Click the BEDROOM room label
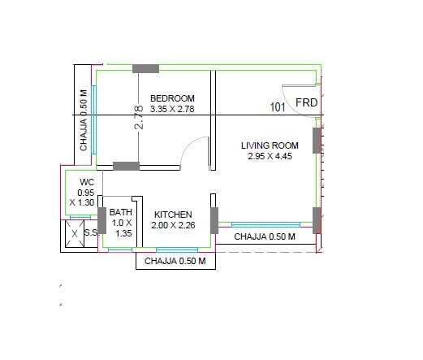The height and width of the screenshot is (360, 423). click(x=172, y=98)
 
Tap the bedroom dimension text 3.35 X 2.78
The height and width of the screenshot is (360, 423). click(x=172, y=109)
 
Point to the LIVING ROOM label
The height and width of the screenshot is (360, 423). click(x=270, y=145)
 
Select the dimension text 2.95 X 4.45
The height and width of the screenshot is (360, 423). click(x=270, y=156)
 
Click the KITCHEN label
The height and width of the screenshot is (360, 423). click(x=173, y=215)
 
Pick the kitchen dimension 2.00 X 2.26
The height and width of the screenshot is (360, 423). click(x=173, y=225)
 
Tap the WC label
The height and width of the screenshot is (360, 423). click(x=87, y=182)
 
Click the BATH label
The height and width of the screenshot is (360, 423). click(x=121, y=210)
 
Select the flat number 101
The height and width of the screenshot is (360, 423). click(x=278, y=106)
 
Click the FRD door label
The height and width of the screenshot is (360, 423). click(x=306, y=103)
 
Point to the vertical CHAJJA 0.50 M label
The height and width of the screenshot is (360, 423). click(x=84, y=120)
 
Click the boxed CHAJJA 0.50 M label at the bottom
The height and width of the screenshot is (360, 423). click(x=179, y=262)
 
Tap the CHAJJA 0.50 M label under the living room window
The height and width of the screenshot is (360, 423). click(x=265, y=236)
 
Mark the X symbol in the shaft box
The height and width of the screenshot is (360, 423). click(x=74, y=234)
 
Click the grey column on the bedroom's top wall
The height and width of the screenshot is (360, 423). click(x=145, y=67)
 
